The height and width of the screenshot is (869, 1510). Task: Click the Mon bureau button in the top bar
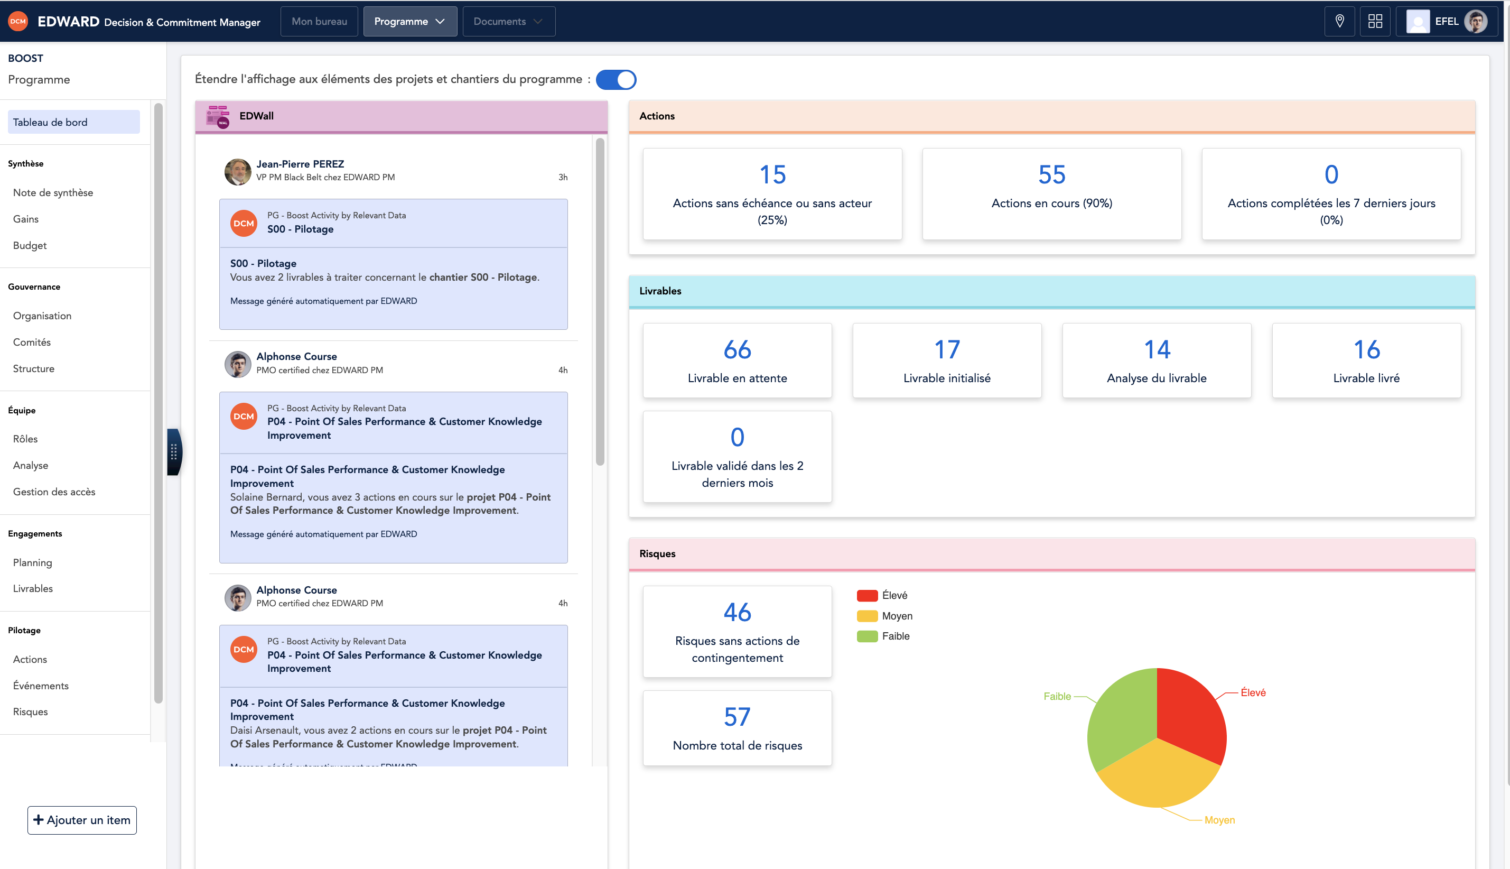click(319, 22)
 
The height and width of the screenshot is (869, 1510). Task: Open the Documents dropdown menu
click(508, 22)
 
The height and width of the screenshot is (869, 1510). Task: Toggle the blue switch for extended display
click(616, 79)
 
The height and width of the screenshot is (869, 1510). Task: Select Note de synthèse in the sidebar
click(53, 192)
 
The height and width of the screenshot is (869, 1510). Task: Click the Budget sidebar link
click(30, 245)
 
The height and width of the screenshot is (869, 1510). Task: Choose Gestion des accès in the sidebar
click(54, 492)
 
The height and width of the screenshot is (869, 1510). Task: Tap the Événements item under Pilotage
click(41, 685)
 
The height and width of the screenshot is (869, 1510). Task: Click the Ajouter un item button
click(82, 820)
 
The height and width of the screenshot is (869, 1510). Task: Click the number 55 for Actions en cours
click(1051, 174)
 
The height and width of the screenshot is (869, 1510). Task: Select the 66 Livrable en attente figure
click(737, 350)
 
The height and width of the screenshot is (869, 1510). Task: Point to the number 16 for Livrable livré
click(1366, 350)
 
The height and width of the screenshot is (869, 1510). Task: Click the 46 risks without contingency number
click(737, 612)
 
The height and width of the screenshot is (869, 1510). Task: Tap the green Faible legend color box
click(866, 636)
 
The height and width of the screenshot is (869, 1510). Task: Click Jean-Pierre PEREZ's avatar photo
click(237, 172)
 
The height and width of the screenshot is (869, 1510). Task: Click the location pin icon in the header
click(1339, 22)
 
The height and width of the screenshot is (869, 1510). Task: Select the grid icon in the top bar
click(1375, 22)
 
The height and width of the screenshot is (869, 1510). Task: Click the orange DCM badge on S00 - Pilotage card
click(244, 223)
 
